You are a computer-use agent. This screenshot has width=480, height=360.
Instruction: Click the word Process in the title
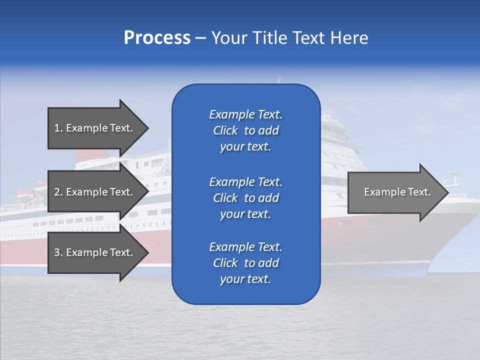[x=157, y=38]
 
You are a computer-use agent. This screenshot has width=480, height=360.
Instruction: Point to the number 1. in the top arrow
[x=58, y=128]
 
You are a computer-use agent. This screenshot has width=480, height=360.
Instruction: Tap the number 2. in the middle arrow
[x=58, y=192]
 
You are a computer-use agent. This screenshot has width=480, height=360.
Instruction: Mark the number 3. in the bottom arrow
[x=58, y=252]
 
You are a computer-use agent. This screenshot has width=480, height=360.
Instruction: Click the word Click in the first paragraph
[x=225, y=130]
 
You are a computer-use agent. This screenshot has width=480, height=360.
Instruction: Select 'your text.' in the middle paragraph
[x=245, y=214]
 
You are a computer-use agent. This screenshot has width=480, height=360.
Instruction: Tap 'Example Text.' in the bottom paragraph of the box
[x=245, y=247]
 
